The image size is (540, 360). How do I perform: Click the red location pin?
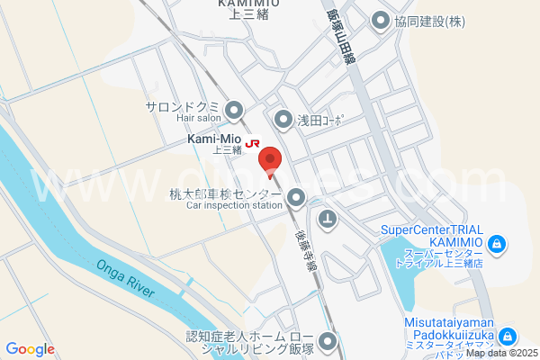270,160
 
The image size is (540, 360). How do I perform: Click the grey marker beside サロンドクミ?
235,111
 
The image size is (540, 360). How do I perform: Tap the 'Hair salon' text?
198,118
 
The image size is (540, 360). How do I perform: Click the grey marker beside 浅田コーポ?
283,119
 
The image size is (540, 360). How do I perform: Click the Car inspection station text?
234,205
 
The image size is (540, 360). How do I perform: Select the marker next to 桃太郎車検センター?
296,198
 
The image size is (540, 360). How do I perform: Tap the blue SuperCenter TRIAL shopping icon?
496,243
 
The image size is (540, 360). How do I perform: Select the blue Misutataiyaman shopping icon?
508,337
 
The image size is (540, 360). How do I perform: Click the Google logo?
30,349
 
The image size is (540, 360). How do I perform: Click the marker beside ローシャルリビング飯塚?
326,341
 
